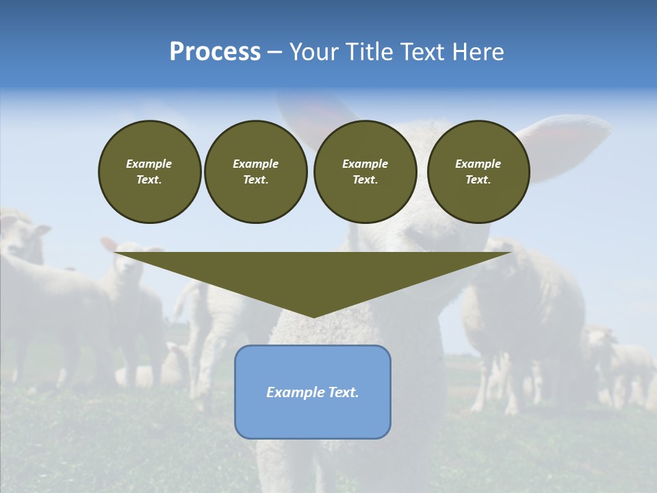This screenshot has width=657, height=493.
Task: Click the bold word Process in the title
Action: click(215, 52)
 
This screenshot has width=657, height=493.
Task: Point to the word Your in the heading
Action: click(314, 52)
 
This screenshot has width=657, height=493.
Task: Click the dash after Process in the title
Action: click(274, 53)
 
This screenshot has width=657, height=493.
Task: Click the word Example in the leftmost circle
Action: click(149, 164)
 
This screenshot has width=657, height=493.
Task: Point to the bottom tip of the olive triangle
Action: click(313, 316)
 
